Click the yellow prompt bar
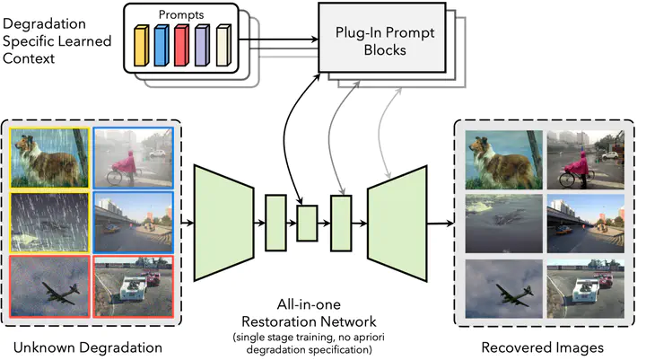[x=142, y=46]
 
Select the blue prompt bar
[x=161, y=46]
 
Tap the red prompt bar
[x=181, y=46]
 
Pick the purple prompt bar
[x=202, y=46]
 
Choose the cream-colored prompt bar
[x=223, y=46]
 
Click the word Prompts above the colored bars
[x=181, y=15]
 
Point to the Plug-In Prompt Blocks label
[x=385, y=41]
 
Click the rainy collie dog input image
[x=49, y=158]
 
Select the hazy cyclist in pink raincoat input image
[x=133, y=158]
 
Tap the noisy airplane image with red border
[x=49, y=286]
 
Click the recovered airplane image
[x=503, y=289]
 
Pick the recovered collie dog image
[x=503, y=160]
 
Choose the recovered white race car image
[x=585, y=289]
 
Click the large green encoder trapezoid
[x=223, y=224]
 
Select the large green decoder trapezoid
[x=397, y=224]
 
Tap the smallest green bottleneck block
[x=308, y=224]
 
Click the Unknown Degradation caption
[x=88, y=347]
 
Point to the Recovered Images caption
[x=542, y=347]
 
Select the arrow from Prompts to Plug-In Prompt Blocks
[x=278, y=40]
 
